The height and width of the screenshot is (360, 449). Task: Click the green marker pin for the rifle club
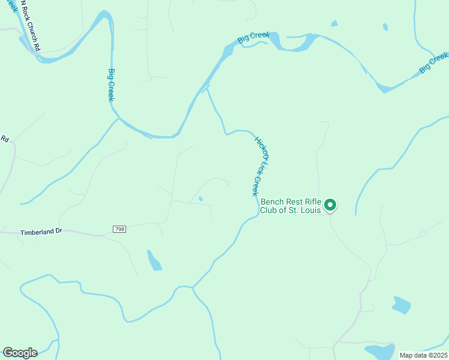pyautogui.click(x=330, y=205)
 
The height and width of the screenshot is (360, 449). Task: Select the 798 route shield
pyautogui.click(x=119, y=229)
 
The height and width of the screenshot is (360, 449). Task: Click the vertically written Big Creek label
pyautogui.click(x=111, y=85)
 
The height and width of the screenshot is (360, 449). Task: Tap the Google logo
pyautogui.click(x=20, y=352)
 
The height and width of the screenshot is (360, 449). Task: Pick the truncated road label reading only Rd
pyautogui.click(x=4, y=139)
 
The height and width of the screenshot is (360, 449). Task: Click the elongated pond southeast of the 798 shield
pyautogui.click(x=154, y=260)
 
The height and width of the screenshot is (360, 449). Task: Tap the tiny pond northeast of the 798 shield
pyautogui.click(x=200, y=199)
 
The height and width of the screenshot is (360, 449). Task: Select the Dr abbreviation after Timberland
pyautogui.click(x=58, y=232)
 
